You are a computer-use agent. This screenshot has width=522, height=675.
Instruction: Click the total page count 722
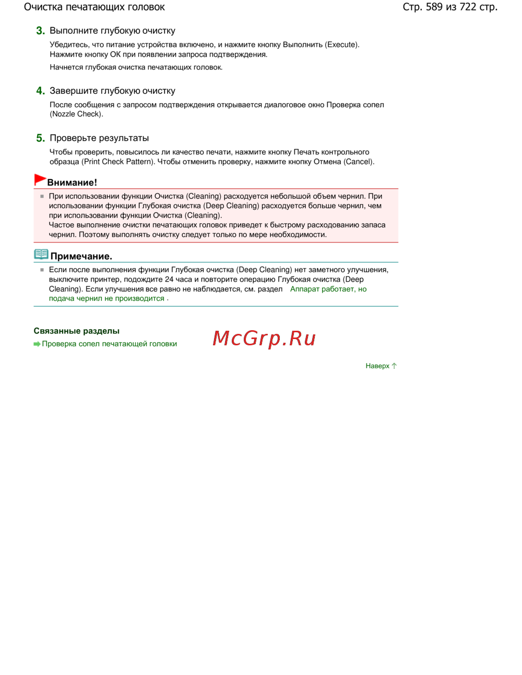pyautogui.click(x=468, y=7)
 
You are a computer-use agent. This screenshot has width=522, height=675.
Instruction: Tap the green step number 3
pyautogui.click(x=40, y=31)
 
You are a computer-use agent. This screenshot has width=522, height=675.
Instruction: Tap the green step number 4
pyautogui.click(x=40, y=91)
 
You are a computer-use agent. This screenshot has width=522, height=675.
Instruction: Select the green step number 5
pyautogui.click(x=40, y=138)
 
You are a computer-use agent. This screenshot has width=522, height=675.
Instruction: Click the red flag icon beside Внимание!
pyautogui.click(x=40, y=180)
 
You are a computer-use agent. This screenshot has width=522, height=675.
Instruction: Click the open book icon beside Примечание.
pyautogui.click(x=41, y=255)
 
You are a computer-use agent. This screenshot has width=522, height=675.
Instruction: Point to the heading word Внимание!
pyautogui.click(x=72, y=183)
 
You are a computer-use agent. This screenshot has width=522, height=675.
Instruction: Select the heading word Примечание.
pyautogui.click(x=81, y=256)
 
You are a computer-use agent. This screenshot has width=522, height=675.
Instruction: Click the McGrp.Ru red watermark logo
pyautogui.click(x=264, y=339)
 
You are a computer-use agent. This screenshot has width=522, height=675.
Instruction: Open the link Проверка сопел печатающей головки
pyautogui.click(x=109, y=344)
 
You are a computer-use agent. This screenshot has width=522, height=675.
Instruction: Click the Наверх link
pyautogui.click(x=377, y=366)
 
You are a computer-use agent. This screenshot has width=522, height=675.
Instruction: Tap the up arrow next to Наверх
pyautogui.click(x=394, y=366)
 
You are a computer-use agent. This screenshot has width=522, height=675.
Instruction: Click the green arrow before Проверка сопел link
pyautogui.click(x=37, y=344)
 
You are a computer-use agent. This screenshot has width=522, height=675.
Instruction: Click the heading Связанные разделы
pyautogui.click(x=77, y=331)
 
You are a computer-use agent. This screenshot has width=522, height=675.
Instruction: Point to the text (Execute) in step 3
pyautogui.click(x=342, y=45)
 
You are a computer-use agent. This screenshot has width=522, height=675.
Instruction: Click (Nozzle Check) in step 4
pyautogui.click(x=76, y=114)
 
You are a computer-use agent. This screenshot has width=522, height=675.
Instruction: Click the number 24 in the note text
pyautogui.click(x=169, y=280)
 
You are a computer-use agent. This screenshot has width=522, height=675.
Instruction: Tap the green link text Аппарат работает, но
pyautogui.click(x=328, y=289)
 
